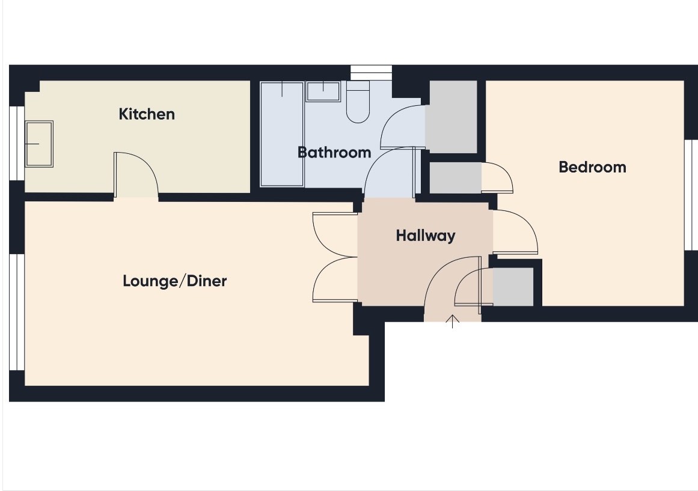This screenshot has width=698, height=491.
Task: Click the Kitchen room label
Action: [x=147, y=114]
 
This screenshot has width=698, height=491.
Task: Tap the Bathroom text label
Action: [x=334, y=152]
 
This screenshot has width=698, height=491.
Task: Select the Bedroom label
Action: [x=593, y=167]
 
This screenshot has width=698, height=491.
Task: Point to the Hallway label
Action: [x=426, y=236]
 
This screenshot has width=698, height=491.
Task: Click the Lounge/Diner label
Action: [x=175, y=281]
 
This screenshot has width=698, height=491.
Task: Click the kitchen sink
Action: [x=39, y=144]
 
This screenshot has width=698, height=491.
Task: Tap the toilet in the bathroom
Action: [x=358, y=102]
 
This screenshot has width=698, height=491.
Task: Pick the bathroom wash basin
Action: [x=323, y=91]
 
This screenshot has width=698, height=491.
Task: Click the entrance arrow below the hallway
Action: [x=452, y=322]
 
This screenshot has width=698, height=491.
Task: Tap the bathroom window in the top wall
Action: [x=371, y=73]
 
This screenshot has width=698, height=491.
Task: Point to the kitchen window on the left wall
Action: [x=17, y=143]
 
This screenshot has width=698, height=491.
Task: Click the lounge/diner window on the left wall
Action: [x=17, y=312]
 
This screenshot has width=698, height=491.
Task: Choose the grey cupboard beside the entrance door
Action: [x=513, y=287]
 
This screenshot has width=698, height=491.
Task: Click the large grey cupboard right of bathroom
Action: [x=452, y=117]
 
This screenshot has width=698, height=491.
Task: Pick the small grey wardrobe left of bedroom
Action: [x=455, y=178]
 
